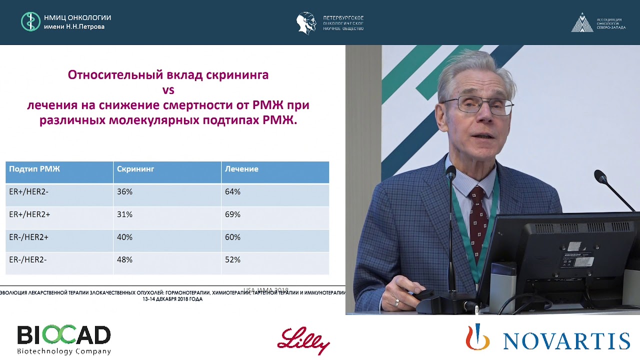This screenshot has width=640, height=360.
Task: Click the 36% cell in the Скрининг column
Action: coord(124,192)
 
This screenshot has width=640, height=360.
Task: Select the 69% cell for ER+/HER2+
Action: coord(232,214)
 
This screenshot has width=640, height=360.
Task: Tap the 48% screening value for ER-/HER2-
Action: coord(124,260)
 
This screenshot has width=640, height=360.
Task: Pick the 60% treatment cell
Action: coord(232,237)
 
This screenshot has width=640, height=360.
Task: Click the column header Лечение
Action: coord(241,169)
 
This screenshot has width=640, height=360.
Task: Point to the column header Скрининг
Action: coord(135,169)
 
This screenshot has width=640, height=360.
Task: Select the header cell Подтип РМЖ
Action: coord(34,169)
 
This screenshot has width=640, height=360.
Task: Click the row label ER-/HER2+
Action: coord(29,237)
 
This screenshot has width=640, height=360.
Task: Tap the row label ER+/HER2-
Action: coord(29,192)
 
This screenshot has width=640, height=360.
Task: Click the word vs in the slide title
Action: coord(168,90)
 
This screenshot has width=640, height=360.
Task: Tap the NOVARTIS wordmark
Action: coord(566,340)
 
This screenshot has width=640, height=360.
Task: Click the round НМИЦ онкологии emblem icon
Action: coord(30,22)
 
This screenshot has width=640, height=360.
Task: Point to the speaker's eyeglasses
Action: coord(477,105)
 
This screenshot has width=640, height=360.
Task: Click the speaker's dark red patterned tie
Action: coord(478,219)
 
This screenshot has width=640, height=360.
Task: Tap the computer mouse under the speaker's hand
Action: coord(425,294)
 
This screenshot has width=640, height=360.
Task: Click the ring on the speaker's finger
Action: coord(397,302)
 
